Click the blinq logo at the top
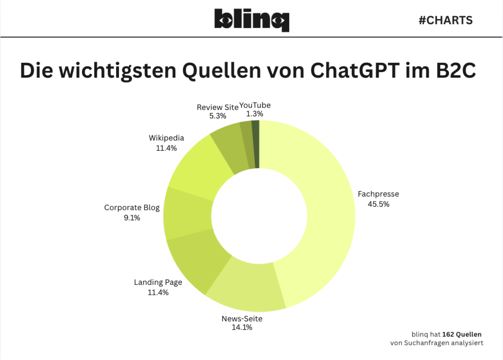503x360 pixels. tap(251, 20)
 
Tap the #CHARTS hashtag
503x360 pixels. tap(445, 20)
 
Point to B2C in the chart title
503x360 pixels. tap(452, 71)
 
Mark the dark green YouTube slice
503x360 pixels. tap(255, 144)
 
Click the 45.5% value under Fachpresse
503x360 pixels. tap(378, 204)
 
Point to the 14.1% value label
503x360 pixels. tap(242, 327)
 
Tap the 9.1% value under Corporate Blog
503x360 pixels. tap(132, 218)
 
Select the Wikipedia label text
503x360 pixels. tap(166, 138)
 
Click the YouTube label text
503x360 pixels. tap(255, 105)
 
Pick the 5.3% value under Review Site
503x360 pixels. tap(218, 116)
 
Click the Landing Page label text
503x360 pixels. tap(158, 282)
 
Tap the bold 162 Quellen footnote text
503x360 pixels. tap(462, 334)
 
